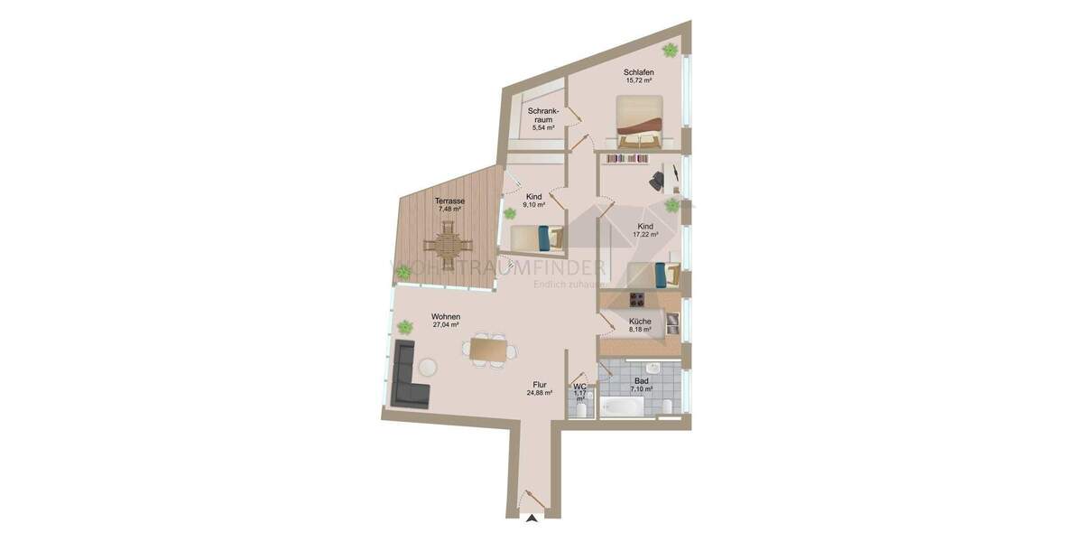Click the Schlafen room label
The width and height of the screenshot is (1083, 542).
[x=638, y=72]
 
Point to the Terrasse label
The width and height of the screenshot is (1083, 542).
[x=449, y=201]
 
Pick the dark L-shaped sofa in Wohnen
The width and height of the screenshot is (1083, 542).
[x=407, y=378]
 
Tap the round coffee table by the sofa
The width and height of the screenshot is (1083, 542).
[x=426, y=368]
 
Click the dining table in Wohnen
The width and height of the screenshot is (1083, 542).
[x=489, y=350]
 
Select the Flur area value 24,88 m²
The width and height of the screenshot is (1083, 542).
[x=540, y=393]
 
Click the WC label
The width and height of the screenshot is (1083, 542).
[x=580, y=387]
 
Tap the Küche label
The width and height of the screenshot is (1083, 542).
[x=640, y=321]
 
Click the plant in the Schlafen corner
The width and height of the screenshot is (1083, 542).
[x=671, y=49]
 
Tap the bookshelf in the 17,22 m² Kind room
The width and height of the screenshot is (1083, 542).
[x=627, y=159]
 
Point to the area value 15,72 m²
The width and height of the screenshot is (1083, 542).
[x=638, y=81]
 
